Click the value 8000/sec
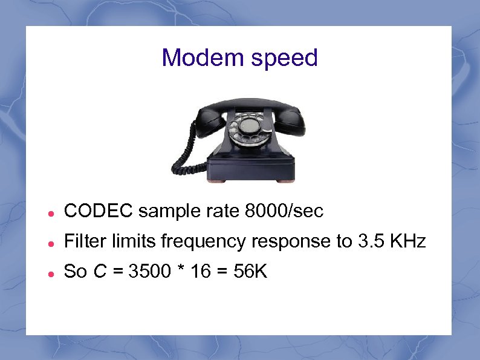coord(285,211)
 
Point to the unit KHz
coord(407,242)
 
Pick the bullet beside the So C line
coord(53,273)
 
